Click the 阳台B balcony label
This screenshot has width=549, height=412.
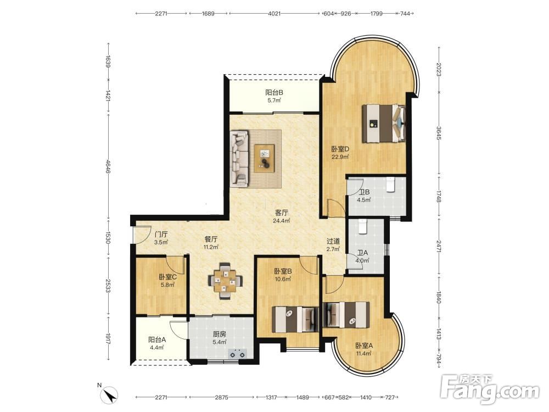coord(274,92)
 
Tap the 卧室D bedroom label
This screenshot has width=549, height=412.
coord(340,149)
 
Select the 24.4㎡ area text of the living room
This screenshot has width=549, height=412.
coord(282,221)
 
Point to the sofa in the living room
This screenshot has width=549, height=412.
coord(239,158)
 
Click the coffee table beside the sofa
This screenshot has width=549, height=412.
coord(265,158)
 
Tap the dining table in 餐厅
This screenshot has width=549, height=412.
coord(226,281)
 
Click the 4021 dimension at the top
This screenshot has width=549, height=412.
coord(274,14)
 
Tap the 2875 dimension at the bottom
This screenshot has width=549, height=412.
coord(221,397)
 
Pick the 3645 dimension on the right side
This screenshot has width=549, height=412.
coord(439,133)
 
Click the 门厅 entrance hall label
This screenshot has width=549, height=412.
coord(161,235)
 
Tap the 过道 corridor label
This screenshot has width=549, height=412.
coord(333,241)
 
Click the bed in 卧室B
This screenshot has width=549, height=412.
coord(295,319)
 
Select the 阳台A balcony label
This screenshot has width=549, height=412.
coord(157,339)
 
